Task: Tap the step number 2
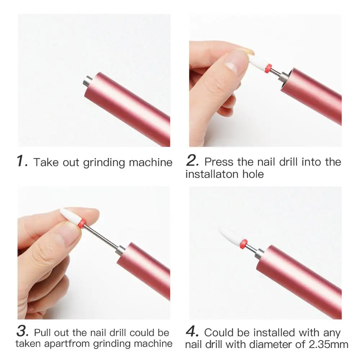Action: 192,160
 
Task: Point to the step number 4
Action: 192,331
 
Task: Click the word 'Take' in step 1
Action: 46,162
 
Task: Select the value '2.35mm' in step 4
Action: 328,345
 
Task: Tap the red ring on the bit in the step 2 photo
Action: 268,68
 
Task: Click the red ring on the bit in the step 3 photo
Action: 81,224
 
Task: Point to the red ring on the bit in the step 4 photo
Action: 244,244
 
